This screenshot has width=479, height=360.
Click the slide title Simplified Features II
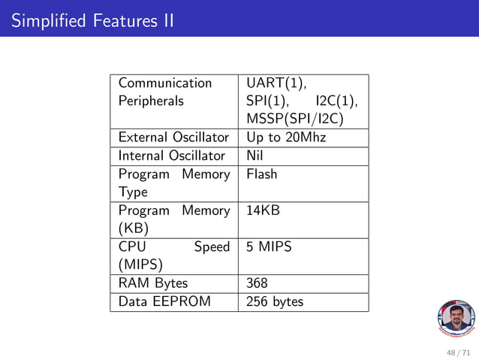[x=92, y=20]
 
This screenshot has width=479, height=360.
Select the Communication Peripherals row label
[x=165, y=92]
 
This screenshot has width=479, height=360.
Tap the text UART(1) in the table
[x=276, y=83]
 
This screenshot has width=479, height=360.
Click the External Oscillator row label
[x=173, y=138]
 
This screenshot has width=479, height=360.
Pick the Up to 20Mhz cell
[x=286, y=138]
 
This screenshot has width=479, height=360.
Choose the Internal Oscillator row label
[x=171, y=156]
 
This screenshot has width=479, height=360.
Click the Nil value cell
[x=255, y=156]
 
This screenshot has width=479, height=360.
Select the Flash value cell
[x=262, y=174]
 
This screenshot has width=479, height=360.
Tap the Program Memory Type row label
[x=173, y=183]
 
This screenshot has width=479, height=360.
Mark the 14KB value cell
[x=264, y=210]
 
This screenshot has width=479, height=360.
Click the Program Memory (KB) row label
[x=173, y=219]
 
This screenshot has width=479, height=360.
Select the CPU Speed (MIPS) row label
[x=173, y=256]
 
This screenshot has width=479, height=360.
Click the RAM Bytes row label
[x=153, y=283]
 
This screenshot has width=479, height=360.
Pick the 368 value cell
[x=257, y=283]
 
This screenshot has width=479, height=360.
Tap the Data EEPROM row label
[x=164, y=302]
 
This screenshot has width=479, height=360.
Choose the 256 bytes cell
[x=275, y=302]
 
